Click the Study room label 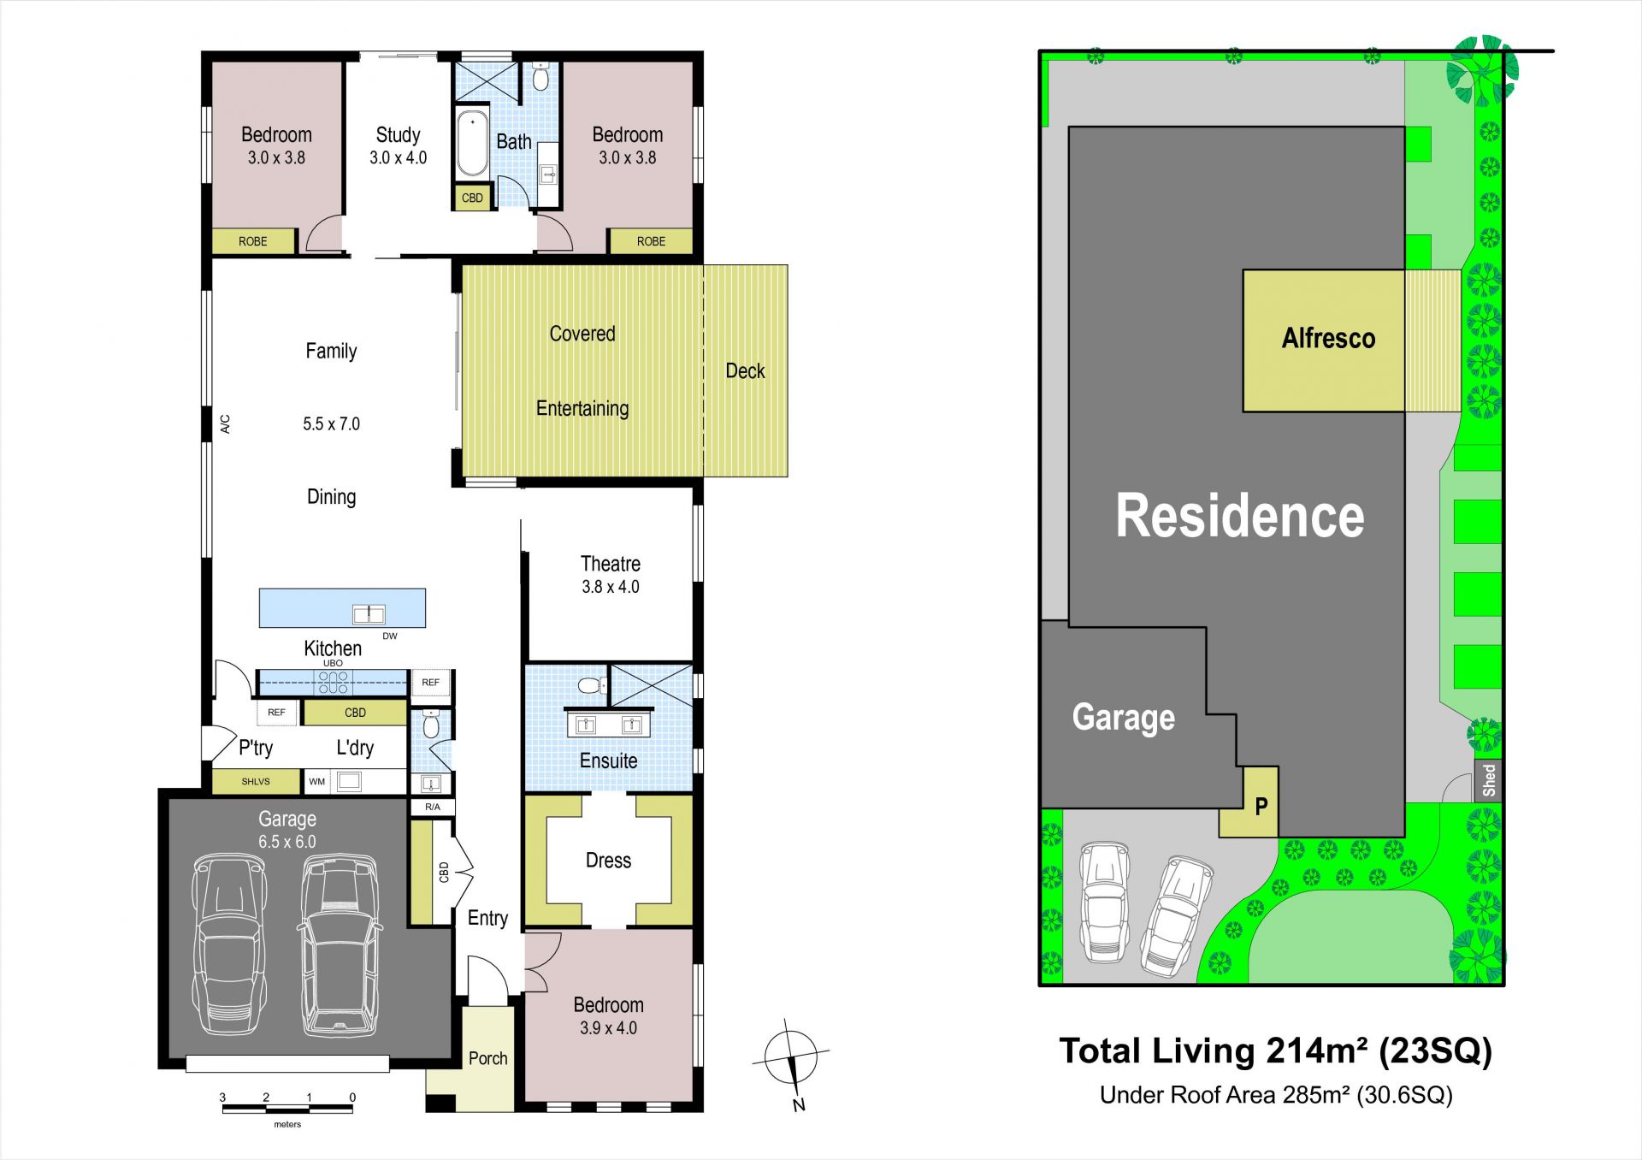tap(398, 145)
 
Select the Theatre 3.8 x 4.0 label tap(611, 575)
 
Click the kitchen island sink tap(369, 613)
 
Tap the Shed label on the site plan tap(1489, 780)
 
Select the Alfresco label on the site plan tap(1328, 339)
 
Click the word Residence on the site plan tap(1239, 516)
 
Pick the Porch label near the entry tap(487, 1058)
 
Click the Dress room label tap(608, 861)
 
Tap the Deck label tap(745, 371)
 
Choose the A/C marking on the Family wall tap(226, 424)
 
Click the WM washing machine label tap(316, 781)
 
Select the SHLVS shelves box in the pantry tap(256, 781)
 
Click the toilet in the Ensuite tap(589, 686)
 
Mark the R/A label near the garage tap(433, 807)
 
